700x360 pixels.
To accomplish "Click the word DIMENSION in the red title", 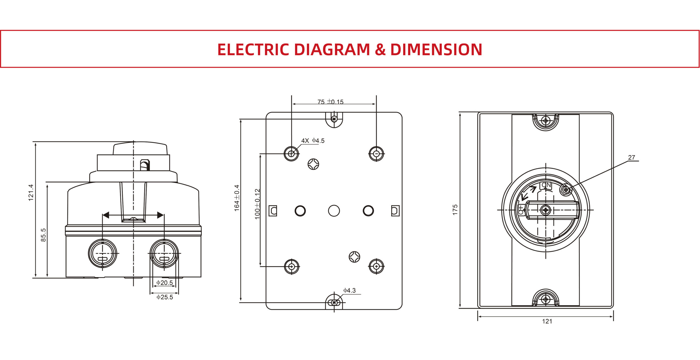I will coord(436,50).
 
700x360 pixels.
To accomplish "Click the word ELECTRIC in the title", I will coord(253,50).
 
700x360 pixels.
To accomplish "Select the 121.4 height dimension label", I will coord(31,193).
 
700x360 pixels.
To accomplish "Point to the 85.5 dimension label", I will coord(43,235).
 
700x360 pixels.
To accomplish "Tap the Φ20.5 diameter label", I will coord(165,283).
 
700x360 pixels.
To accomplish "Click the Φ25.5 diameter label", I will coord(165,297).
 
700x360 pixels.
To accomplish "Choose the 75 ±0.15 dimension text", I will coord(330,102).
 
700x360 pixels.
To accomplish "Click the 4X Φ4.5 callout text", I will coord(313,141).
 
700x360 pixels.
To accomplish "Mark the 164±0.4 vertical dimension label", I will coord(237,198).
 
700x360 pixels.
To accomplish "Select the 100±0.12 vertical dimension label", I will coord(257,204).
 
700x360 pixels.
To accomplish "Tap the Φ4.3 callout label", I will coord(349,290).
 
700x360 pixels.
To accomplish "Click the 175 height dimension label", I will coord(455,210).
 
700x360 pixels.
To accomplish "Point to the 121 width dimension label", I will coord(547,321).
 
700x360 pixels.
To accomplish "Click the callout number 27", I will coord(631,158).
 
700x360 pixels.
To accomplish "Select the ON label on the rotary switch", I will coord(546,185).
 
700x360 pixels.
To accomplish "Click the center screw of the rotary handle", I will coord(546,210).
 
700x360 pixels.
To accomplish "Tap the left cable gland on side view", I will coord(103,254).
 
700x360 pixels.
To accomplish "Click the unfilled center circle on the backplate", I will coord(334,211).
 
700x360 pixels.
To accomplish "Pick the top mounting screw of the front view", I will coord(546,121).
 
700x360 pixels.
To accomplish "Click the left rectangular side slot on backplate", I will coord(273,211).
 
